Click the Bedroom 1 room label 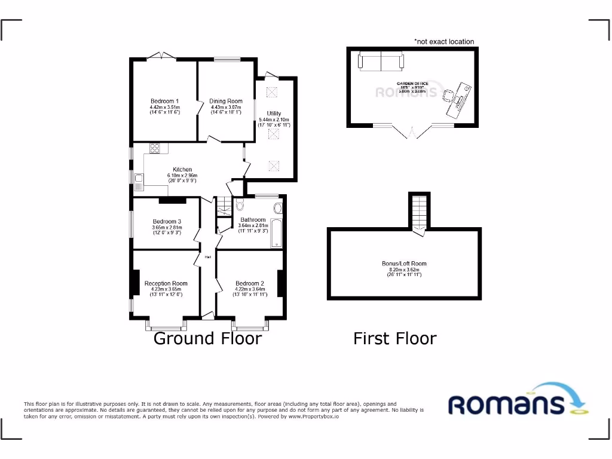click(164, 100)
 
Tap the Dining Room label click(226, 101)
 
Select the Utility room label click(274, 113)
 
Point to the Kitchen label click(182, 169)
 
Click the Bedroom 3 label click(167, 221)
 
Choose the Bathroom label click(253, 219)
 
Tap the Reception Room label click(166, 283)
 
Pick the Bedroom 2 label click(249, 283)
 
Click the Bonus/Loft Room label click(405, 264)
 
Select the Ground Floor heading click(207, 338)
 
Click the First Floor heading click(394, 338)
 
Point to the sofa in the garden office click(381, 60)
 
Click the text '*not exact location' click(444, 42)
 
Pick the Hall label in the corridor click(208, 257)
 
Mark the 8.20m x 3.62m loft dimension click(405, 270)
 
